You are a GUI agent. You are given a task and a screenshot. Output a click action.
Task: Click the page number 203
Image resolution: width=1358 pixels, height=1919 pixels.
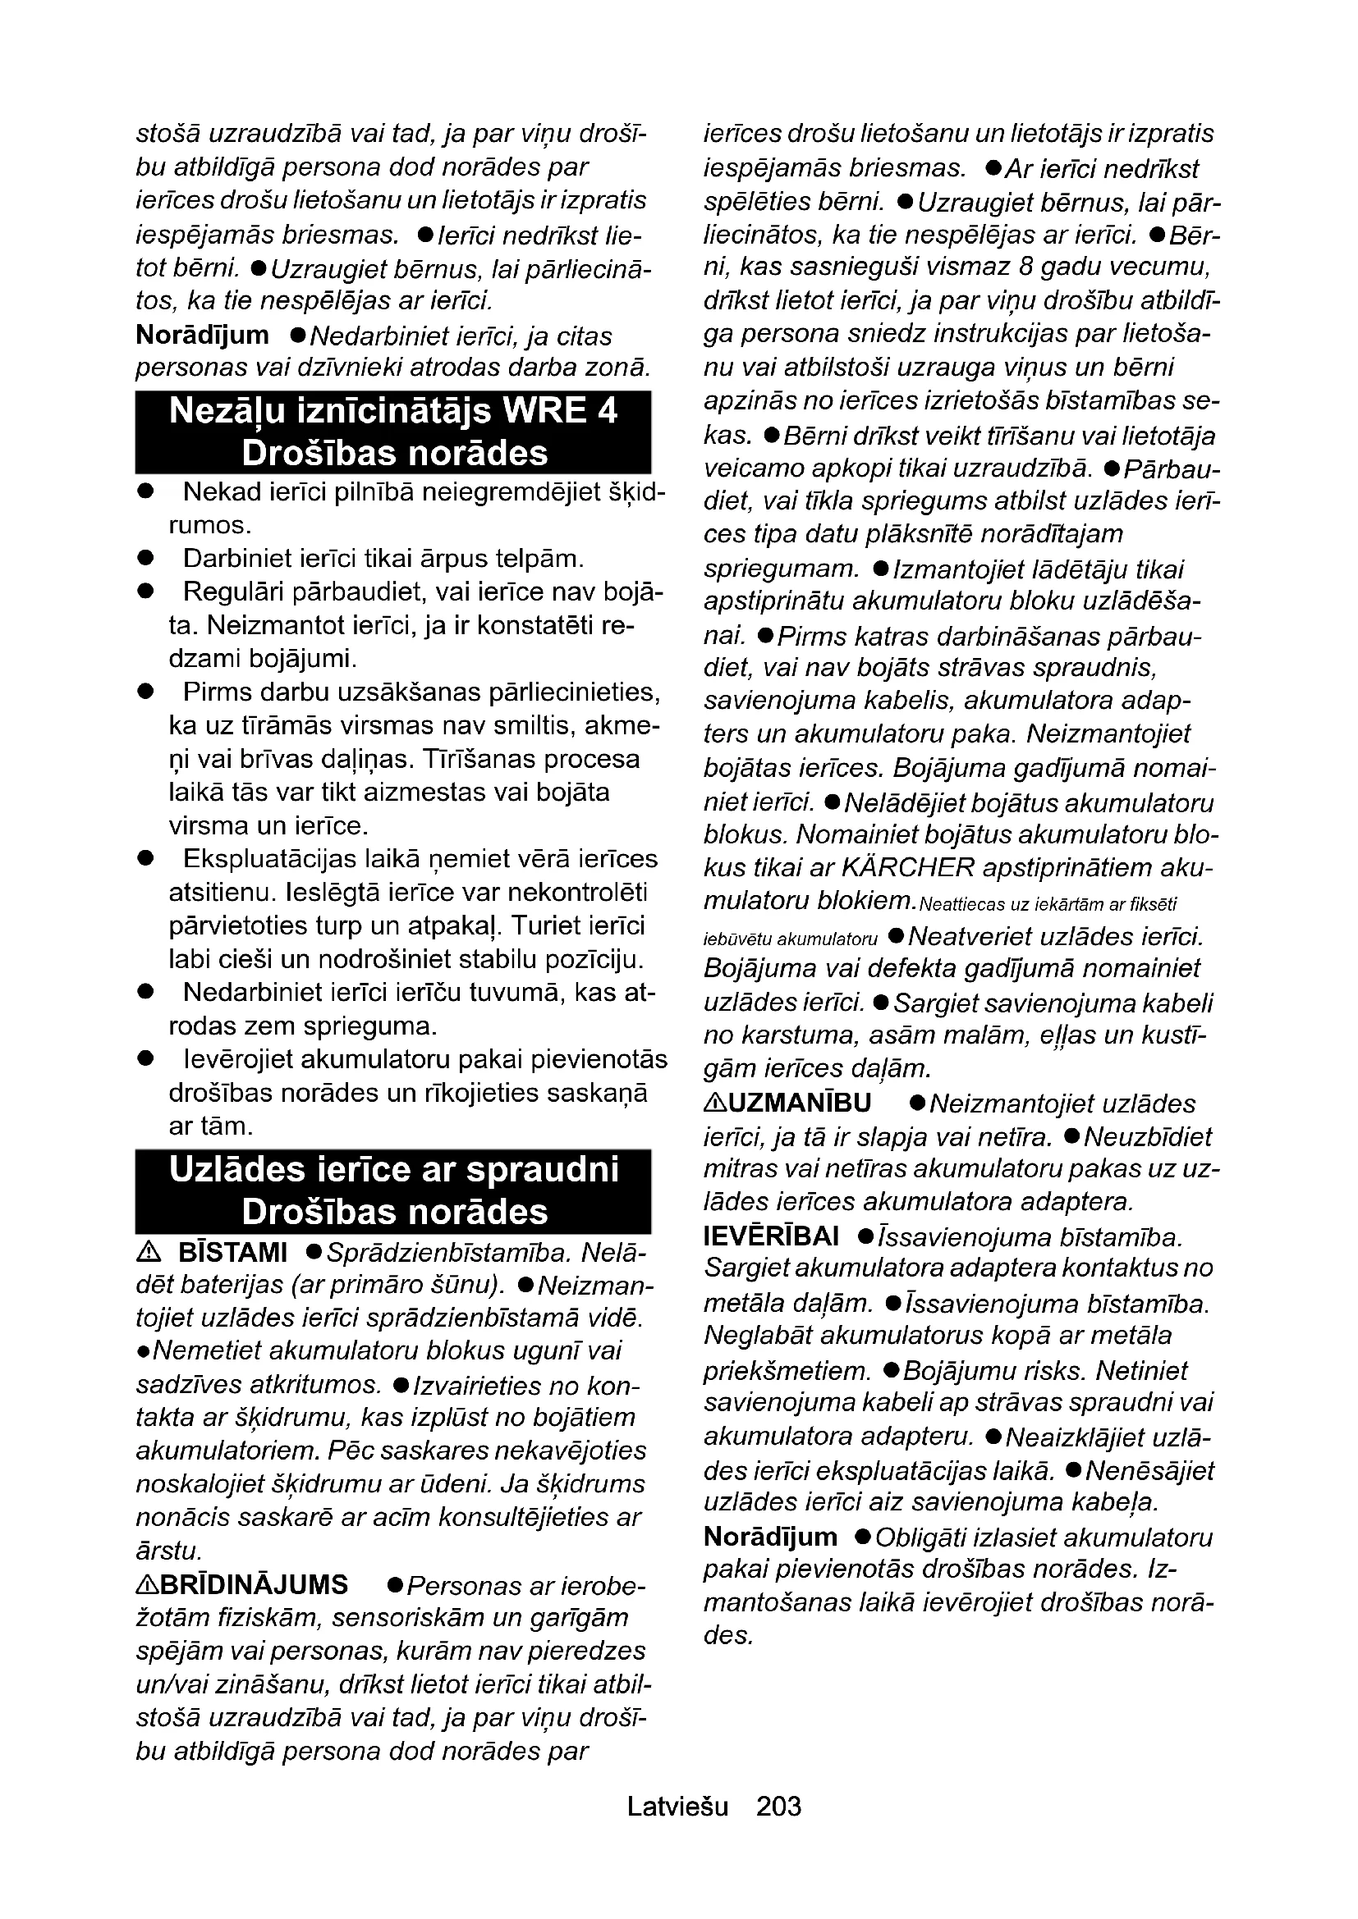click(778, 1806)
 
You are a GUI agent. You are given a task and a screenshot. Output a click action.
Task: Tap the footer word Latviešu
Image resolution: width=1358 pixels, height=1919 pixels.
click(677, 1806)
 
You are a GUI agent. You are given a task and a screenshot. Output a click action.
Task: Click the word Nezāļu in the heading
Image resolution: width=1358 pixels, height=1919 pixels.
click(218, 412)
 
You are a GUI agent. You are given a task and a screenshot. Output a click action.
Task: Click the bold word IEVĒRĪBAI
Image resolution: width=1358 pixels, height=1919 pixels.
click(771, 1236)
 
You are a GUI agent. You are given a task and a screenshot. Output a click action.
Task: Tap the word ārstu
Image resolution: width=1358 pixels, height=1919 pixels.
click(168, 1551)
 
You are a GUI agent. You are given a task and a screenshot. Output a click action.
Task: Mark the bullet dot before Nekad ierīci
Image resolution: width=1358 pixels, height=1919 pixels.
click(146, 491)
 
